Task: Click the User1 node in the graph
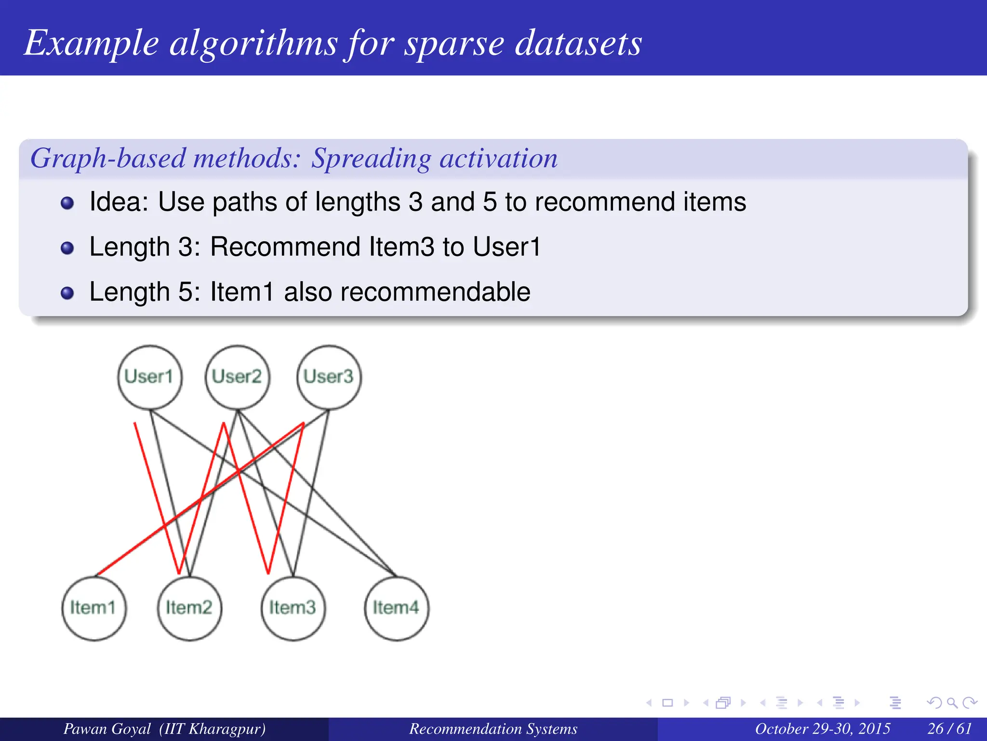[150, 377]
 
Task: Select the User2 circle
[238, 377]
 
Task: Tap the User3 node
[329, 377]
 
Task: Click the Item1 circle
[93, 608]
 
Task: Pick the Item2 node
[189, 608]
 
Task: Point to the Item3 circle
[293, 608]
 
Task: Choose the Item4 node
[396, 608]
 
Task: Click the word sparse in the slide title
[454, 43]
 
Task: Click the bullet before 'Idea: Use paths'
[67, 203]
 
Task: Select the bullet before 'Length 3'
[67, 248]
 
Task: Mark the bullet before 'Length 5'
[67, 293]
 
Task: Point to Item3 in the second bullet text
[401, 247]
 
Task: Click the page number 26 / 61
[949, 728]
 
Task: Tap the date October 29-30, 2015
[822, 728]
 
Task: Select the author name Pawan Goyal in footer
[107, 728]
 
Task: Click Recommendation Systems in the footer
[493, 728]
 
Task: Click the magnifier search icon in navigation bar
[952, 703]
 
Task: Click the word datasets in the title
[578, 43]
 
